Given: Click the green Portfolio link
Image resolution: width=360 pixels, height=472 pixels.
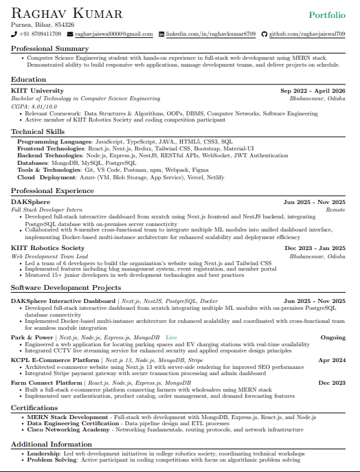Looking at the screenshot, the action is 327,14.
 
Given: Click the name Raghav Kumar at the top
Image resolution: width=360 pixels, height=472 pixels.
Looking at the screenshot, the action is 67,14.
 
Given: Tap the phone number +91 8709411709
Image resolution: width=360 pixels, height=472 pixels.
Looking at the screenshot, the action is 41,34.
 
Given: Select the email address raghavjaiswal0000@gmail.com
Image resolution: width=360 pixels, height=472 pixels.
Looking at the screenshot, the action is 113,34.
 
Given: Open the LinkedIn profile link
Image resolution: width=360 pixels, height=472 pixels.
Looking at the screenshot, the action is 211,34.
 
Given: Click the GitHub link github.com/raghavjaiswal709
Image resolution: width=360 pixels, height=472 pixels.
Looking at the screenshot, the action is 306,34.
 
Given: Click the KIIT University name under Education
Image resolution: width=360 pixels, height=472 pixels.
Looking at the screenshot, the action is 37,91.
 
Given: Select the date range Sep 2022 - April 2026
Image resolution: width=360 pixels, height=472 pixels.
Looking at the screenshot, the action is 313,91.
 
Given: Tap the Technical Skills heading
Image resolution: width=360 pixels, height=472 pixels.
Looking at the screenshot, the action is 38,131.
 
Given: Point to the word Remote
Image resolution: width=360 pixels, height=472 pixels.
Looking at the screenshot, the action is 335,210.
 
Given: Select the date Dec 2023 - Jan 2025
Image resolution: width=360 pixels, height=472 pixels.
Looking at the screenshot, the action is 315,248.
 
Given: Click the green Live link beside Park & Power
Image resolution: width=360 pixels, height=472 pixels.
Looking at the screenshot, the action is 171,337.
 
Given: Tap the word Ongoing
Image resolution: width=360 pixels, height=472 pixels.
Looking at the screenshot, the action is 333,337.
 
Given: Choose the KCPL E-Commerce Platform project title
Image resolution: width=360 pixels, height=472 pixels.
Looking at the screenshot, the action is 55,360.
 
